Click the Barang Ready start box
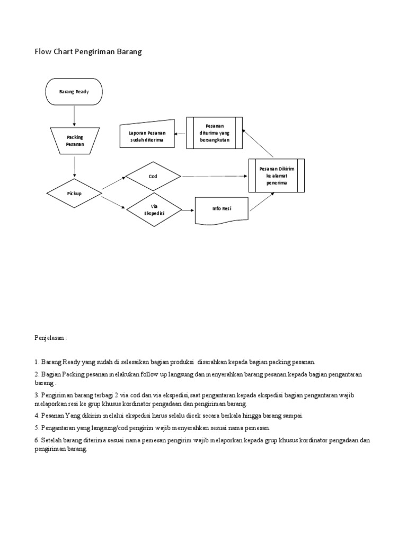(x=74, y=92)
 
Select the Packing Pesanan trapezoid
(x=75, y=141)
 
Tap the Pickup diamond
(x=74, y=194)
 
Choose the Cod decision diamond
(x=153, y=176)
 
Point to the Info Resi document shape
(x=222, y=209)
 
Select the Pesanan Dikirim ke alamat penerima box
(x=277, y=176)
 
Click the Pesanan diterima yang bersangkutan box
(x=214, y=133)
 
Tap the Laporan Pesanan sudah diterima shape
(x=147, y=134)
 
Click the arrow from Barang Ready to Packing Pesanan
(x=75, y=115)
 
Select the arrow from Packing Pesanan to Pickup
(x=75, y=166)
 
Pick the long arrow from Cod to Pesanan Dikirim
(x=215, y=176)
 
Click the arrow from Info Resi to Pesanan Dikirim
(x=262, y=202)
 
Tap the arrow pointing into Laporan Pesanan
(x=181, y=134)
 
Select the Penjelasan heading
(x=51, y=337)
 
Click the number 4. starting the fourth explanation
(x=37, y=416)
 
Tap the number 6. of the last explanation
(x=37, y=440)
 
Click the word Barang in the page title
(x=129, y=52)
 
